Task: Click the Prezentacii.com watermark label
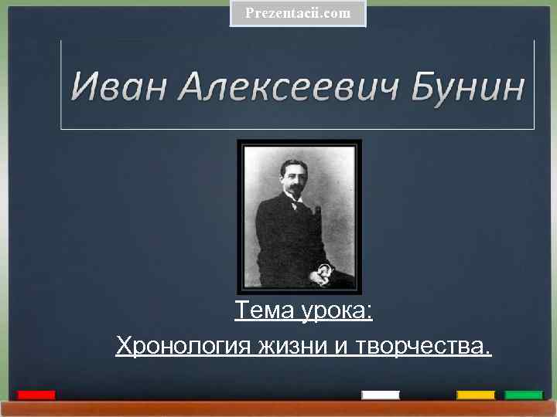click(x=298, y=13)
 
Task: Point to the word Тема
click(x=264, y=311)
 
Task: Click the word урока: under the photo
click(x=336, y=313)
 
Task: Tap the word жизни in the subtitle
click(x=292, y=346)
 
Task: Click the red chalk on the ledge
click(x=36, y=395)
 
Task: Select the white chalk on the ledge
click(x=381, y=395)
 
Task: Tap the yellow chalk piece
click(x=476, y=395)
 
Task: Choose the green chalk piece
click(x=524, y=395)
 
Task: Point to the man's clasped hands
click(x=322, y=272)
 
